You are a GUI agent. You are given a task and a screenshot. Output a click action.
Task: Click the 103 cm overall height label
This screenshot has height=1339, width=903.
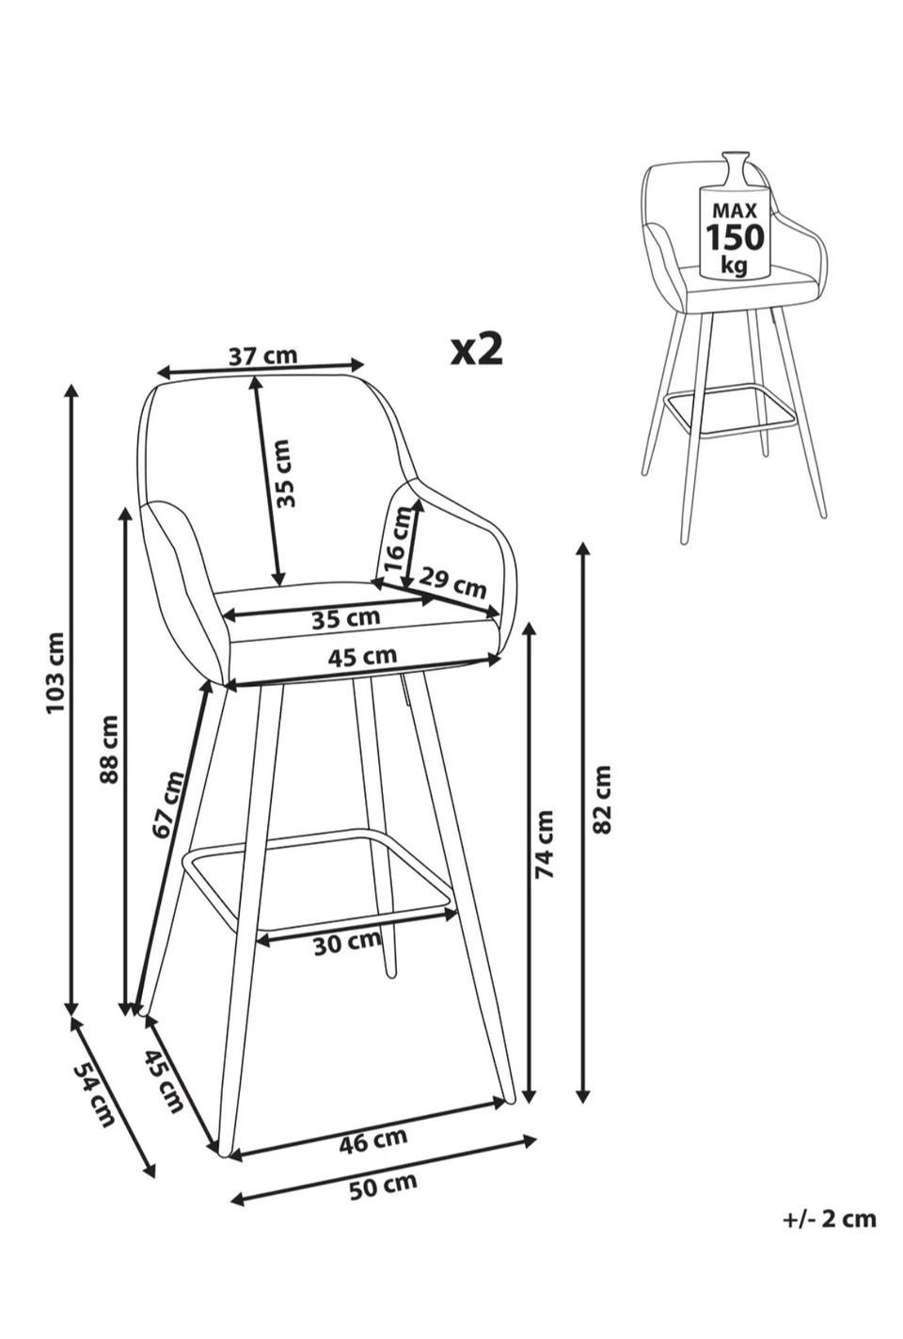point(55,672)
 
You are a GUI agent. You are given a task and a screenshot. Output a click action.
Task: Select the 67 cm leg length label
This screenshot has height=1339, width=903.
point(168,805)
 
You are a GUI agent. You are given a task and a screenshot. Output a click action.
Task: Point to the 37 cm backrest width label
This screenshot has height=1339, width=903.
point(263,356)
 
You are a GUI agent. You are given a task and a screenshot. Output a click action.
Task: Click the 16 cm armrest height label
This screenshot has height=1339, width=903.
point(397,538)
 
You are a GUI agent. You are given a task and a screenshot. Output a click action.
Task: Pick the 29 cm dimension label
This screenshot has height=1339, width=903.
point(453,581)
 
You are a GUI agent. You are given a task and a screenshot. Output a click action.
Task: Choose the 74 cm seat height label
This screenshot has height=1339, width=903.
point(545,844)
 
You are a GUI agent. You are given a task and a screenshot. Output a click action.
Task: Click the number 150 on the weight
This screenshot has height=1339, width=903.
point(735,237)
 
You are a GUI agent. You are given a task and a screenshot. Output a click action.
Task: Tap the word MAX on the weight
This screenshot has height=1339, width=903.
point(734,211)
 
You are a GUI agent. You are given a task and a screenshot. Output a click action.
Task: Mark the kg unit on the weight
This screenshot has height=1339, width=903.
point(734,263)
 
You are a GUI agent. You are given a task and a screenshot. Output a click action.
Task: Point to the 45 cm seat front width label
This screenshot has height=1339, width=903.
point(362,657)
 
